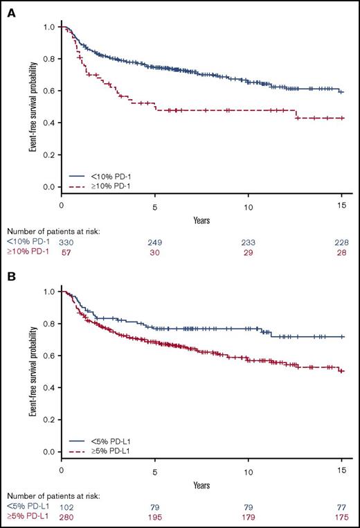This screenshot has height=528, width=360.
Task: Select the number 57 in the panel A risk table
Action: point(63,252)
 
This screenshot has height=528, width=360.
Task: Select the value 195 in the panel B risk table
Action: point(156,517)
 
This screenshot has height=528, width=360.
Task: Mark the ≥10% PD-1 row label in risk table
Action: point(22,252)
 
